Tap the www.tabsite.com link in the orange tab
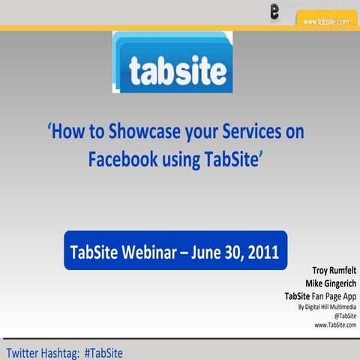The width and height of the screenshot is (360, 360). click(325, 22)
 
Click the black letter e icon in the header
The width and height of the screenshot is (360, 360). click(275, 12)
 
